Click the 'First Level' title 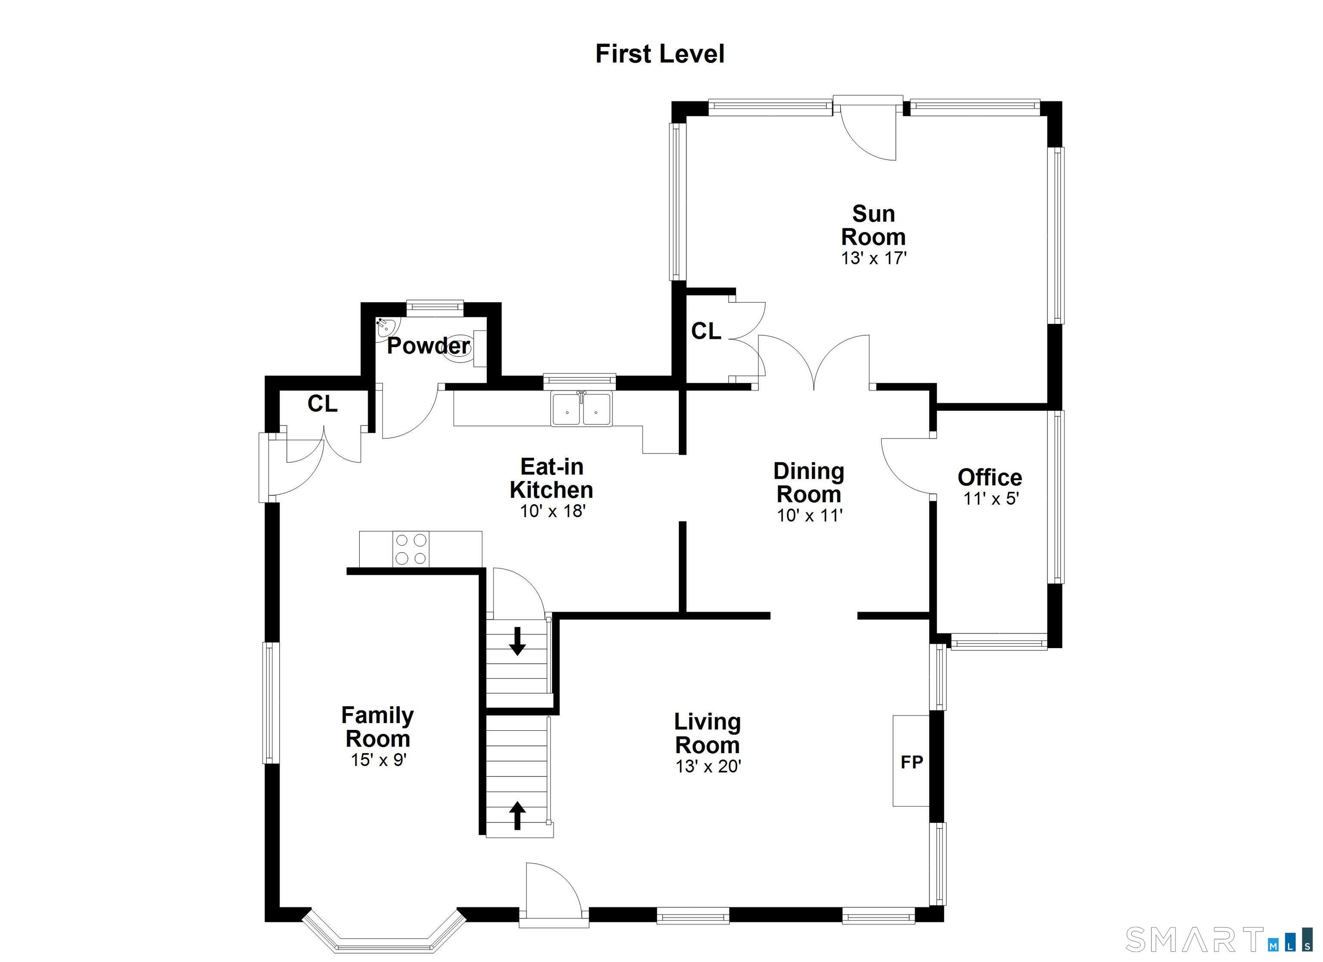pos(660,54)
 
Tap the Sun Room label pos(873,225)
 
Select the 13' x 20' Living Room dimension pos(708,766)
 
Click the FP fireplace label pos(912,762)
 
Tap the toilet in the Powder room pos(465,348)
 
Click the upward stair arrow pos(517,815)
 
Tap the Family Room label pos(377,727)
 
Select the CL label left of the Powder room pos(323,403)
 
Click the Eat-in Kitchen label pos(551,478)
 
